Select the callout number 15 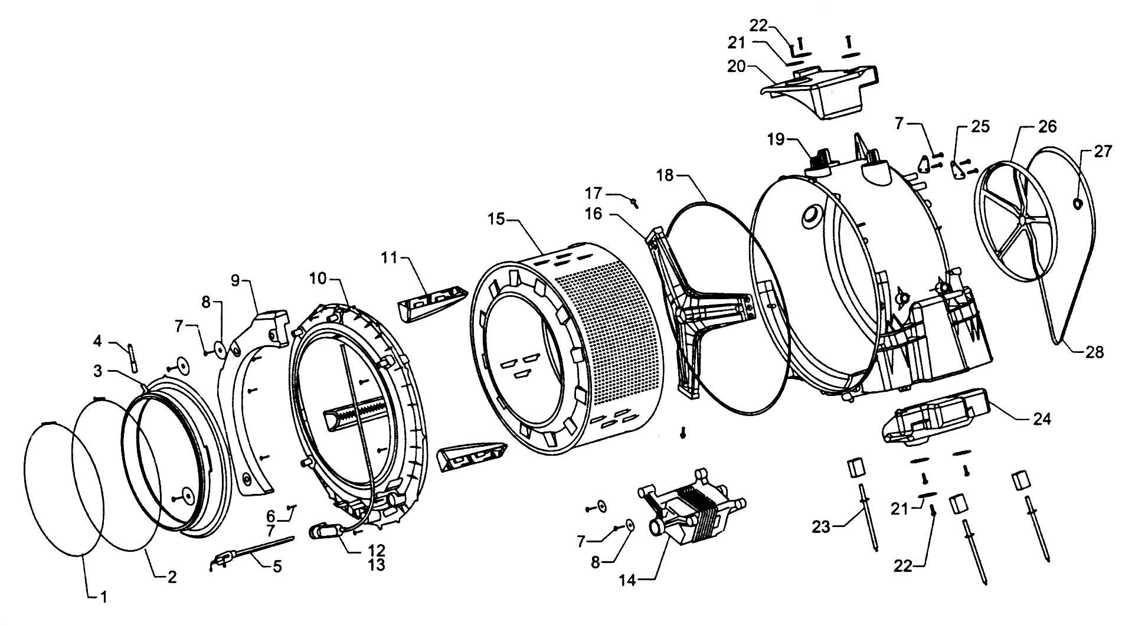(497, 220)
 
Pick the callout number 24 (1042, 419)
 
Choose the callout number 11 (390, 258)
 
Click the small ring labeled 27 (1077, 204)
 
